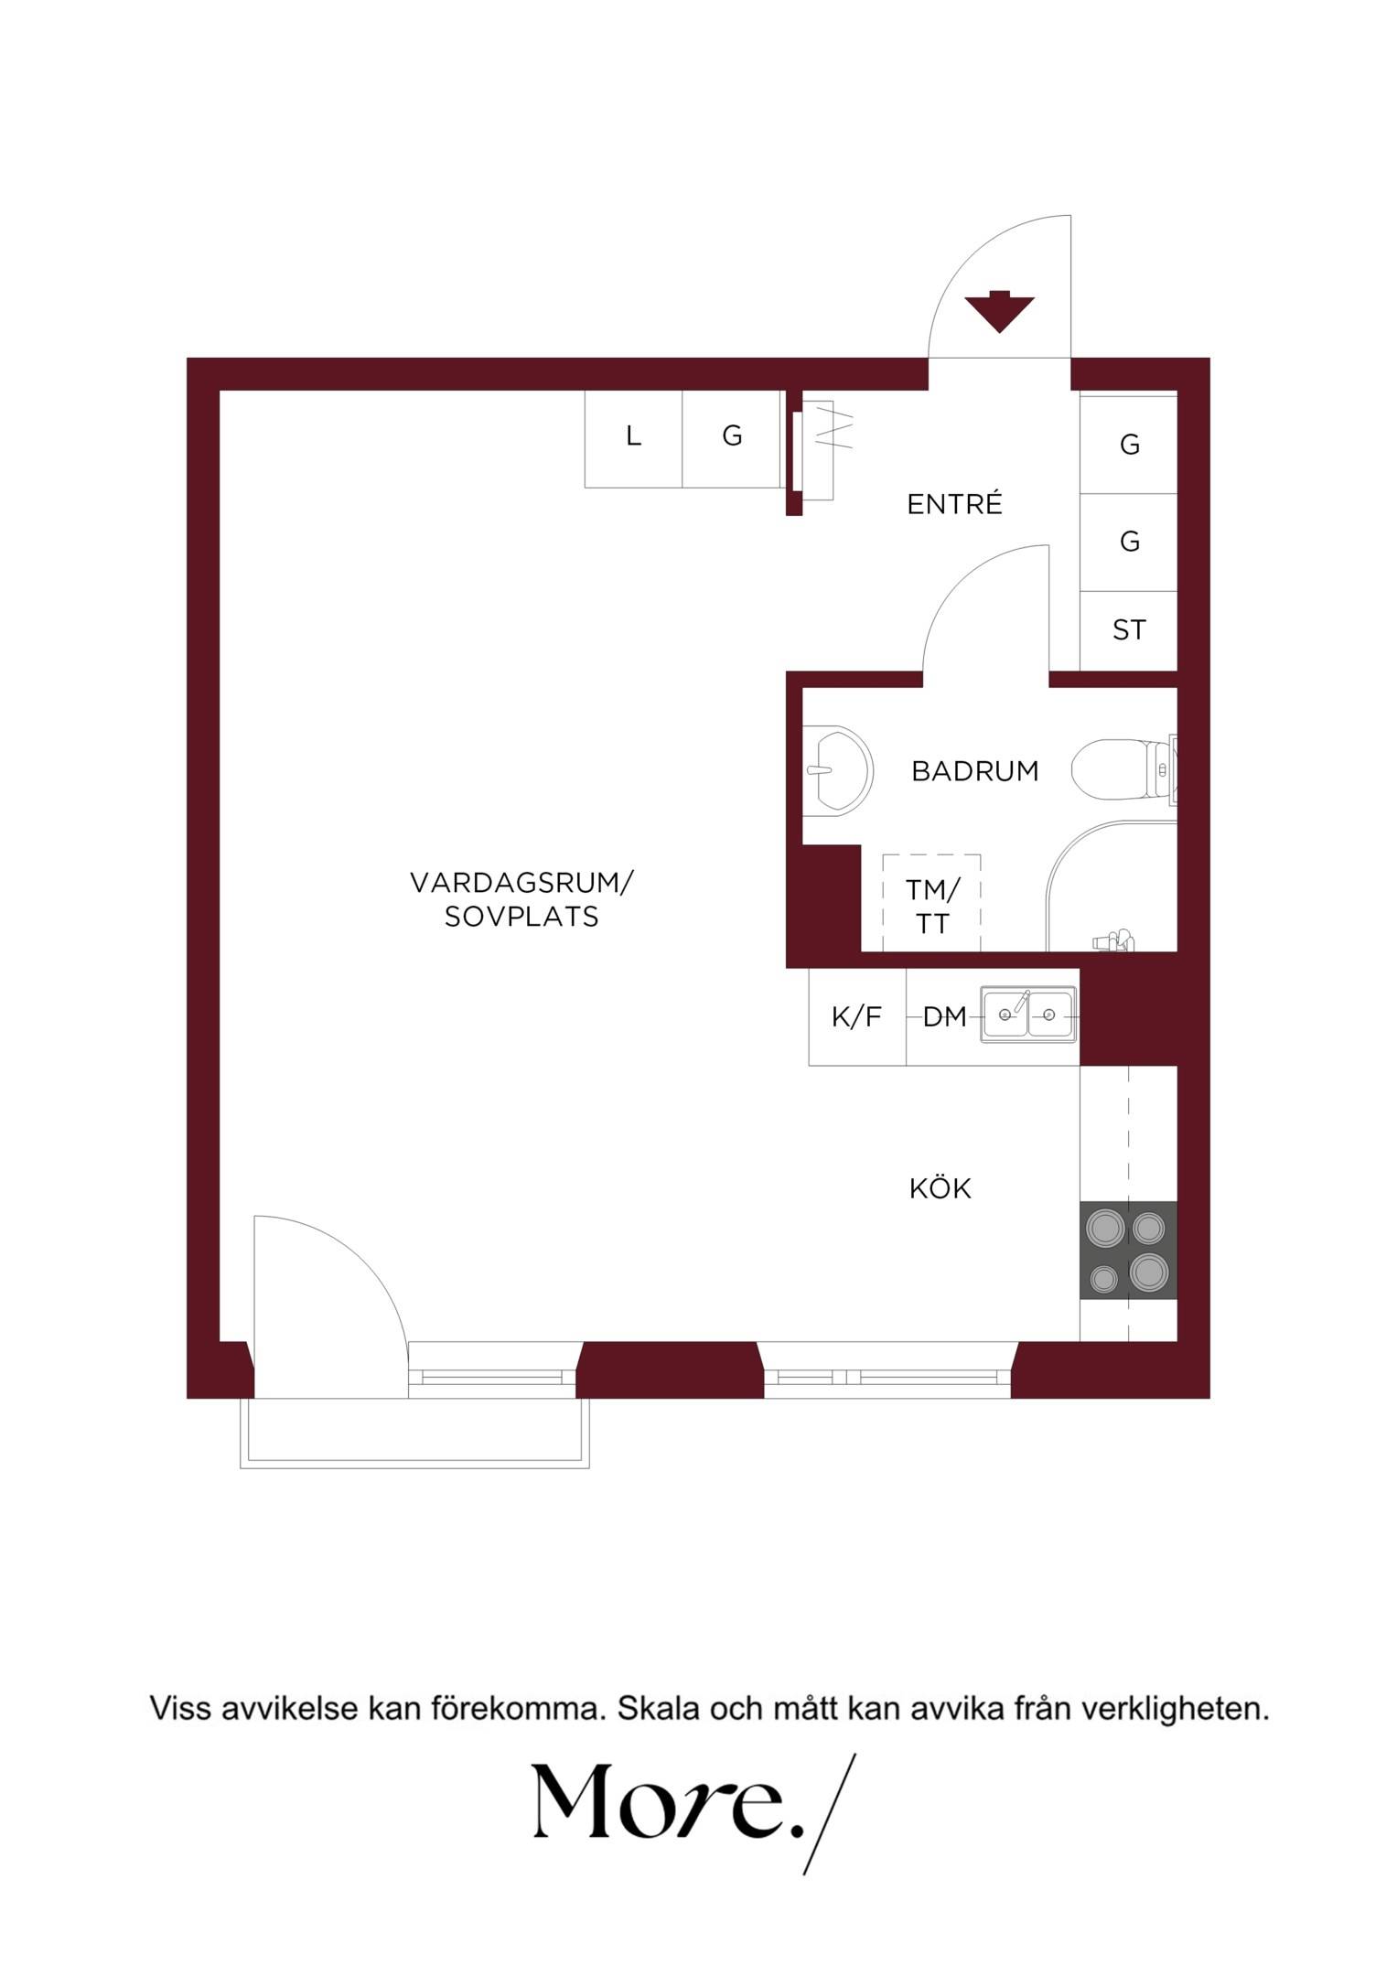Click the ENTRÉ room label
[x=954, y=503]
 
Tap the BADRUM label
[x=975, y=771]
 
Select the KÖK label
[x=940, y=1187]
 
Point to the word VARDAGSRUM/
[x=521, y=883]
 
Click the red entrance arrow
[x=999, y=311]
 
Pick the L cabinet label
[x=633, y=436]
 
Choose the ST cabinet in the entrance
[x=1128, y=630]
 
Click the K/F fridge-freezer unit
[x=857, y=1016]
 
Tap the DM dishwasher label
[x=945, y=1016]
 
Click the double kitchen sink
[x=1028, y=1014]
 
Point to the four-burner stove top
[x=1128, y=1250]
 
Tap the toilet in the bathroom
[x=1123, y=770]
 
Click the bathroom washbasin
[x=838, y=769]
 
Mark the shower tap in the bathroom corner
[x=1114, y=940]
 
